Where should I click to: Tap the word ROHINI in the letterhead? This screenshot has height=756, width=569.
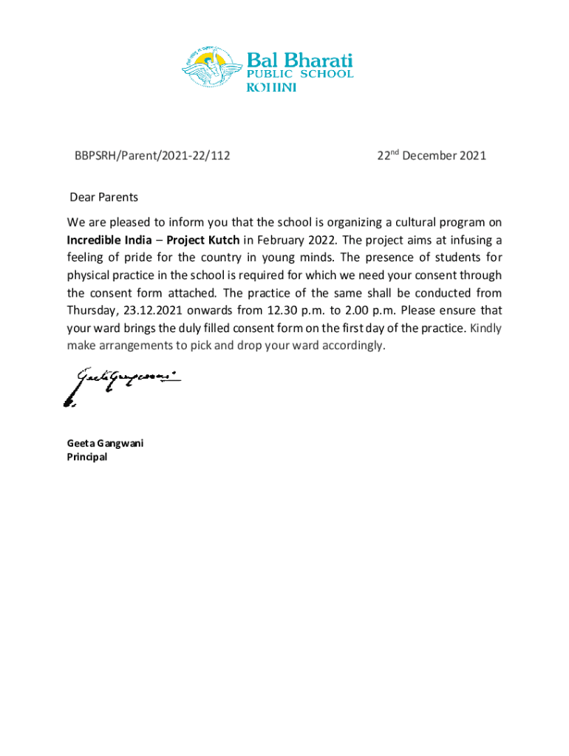click(271, 88)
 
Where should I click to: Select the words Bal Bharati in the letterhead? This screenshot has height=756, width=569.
click(299, 59)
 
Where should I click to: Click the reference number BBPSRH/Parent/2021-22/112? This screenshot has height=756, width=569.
click(151, 156)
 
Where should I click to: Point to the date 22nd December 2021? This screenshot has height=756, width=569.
click(432, 156)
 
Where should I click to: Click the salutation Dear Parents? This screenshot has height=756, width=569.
click(103, 197)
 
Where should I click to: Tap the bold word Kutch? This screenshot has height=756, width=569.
click(224, 240)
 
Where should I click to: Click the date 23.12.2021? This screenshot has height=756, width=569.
click(151, 311)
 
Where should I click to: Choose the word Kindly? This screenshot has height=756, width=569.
click(486, 329)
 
